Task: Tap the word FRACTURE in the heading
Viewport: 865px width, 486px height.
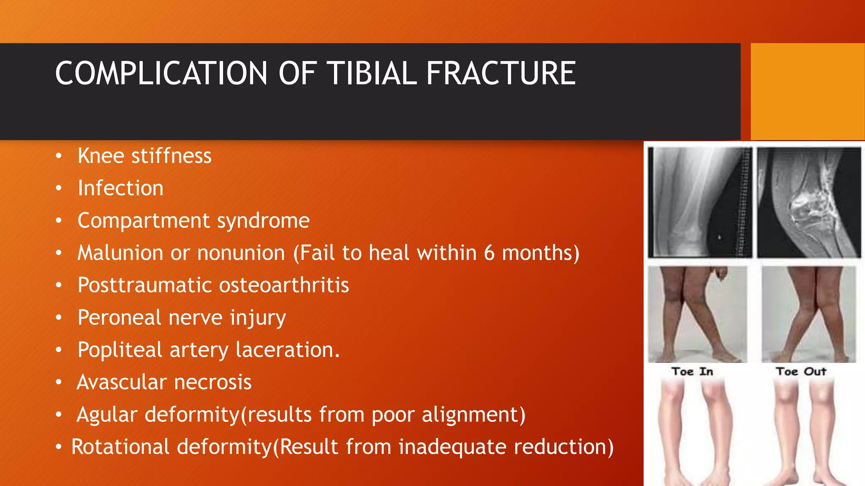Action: pos(501,73)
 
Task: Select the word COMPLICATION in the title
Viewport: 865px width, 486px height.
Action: pos(161,73)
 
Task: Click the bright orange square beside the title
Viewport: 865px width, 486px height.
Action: pos(807,92)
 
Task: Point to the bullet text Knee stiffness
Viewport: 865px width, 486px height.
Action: pos(144,156)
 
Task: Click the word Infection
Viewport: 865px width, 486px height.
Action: pos(120,188)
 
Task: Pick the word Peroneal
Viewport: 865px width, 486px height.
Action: pos(120,317)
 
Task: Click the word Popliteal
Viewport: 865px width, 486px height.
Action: pos(120,350)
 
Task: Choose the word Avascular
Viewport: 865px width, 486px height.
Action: pos(122,382)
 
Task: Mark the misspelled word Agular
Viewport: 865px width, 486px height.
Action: pos(107,415)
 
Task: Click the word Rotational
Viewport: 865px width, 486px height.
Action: pos(120,447)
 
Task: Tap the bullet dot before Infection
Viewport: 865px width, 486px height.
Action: pos(59,188)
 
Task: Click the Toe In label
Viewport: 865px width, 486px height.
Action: pos(692,372)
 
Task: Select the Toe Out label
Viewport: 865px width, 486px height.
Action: pos(801,372)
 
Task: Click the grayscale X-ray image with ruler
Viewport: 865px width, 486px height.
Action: pos(700,202)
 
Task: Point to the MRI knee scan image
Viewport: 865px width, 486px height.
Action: pos(809,202)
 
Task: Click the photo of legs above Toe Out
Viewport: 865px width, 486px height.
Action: pos(809,314)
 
